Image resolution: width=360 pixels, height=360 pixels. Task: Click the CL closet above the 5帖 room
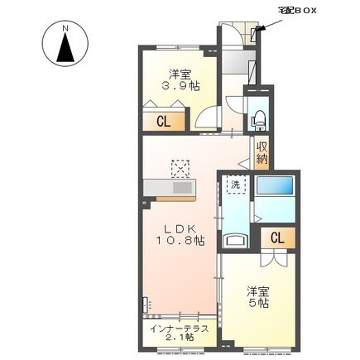(x=276, y=238)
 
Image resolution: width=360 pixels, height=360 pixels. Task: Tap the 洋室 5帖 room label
(x=257, y=297)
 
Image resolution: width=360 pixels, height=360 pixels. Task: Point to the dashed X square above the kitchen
(x=180, y=168)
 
